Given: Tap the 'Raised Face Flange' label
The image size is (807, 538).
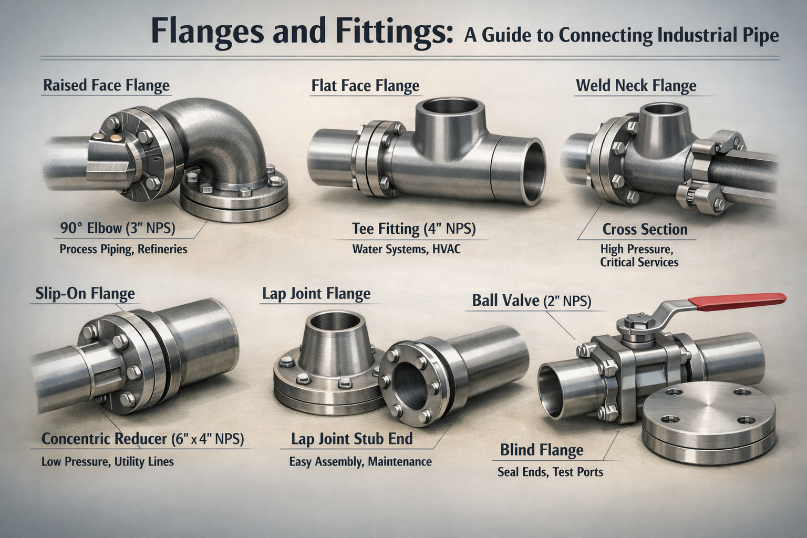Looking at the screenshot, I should (x=106, y=86).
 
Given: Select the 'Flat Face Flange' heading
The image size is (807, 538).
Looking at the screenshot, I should (x=365, y=86).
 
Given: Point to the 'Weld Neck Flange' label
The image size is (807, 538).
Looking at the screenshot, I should (x=636, y=86).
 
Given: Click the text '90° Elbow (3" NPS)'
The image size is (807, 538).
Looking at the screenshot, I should (x=118, y=228).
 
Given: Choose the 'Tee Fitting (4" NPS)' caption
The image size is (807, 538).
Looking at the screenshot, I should (x=413, y=229).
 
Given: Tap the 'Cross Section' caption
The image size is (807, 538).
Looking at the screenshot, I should (x=645, y=230).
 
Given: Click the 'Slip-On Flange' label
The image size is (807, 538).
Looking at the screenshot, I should (x=85, y=294).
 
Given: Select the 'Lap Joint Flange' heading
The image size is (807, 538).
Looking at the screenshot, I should (x=316, y=294).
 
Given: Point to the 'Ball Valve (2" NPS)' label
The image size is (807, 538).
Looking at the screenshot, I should (x=531, y=301).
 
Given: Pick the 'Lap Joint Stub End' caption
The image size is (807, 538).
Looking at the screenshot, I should (x=352, y=439).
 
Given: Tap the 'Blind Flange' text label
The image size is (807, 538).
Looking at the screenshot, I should (x=541, y=450).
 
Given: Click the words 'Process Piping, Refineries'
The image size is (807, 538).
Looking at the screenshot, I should (x=123, y=249).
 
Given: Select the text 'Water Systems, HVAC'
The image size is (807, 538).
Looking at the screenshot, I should (x=406, y=249).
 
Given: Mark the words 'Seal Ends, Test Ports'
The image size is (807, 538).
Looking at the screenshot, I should (x=550, y=472).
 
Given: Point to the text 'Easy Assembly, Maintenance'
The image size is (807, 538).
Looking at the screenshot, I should (x=360, y=462).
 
